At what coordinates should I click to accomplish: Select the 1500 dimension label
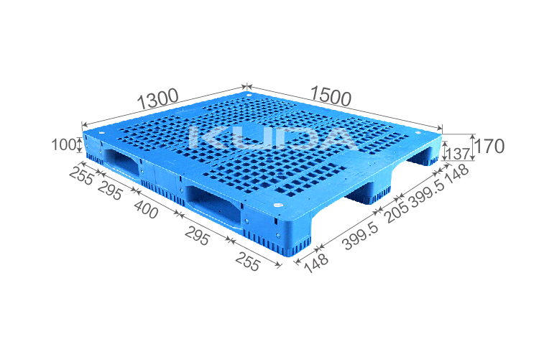tap(330, 97)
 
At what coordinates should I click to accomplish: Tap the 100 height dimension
tap(63, 144)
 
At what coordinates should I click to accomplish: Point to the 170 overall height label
tap(489, 147)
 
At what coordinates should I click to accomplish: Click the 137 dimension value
tap(459, 153)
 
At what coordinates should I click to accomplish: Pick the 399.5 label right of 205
tap(427, 191)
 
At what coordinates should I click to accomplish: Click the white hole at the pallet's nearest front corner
tap(277, 206)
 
